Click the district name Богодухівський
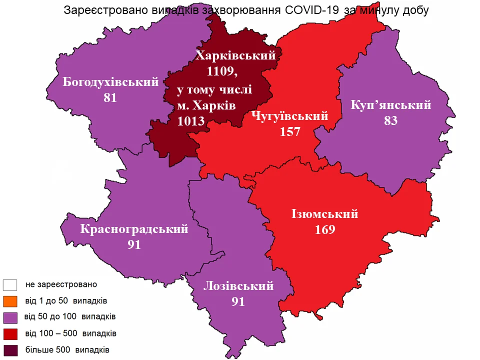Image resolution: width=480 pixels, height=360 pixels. (110, 82)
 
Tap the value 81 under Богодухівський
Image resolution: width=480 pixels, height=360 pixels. (110, 98)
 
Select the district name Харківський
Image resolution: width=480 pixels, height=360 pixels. (235, 55)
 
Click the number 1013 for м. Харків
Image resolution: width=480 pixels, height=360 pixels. (191, 120)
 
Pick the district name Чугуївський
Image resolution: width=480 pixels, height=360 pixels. (290, 116)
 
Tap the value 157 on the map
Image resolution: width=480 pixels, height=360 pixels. (290, 131)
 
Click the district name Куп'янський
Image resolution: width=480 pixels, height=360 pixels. (391, 105)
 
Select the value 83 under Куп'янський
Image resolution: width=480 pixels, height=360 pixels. (391, 120)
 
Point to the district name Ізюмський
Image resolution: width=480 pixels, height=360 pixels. (325, 214)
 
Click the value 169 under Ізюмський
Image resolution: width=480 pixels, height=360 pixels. (325, 229)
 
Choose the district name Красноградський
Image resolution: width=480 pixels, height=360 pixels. (134, 229)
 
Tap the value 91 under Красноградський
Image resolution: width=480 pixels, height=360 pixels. (134, 245)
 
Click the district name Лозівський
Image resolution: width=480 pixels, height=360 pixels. (238, 286)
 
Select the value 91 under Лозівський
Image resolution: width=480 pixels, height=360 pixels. (238, 301)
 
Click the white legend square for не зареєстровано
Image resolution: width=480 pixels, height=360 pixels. (10, 285)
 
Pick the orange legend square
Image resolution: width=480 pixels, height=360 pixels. (10, 301)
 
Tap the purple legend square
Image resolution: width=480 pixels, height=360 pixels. (10, 317)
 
